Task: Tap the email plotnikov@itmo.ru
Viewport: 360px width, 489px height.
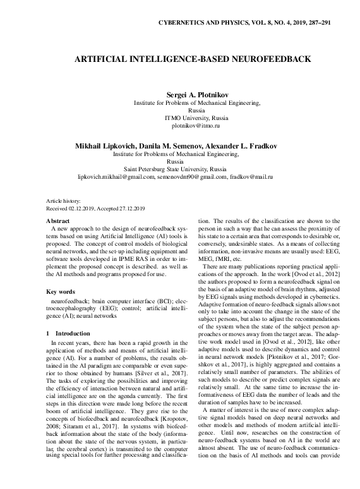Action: pos(179,126)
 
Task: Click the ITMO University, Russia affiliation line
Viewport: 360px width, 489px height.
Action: pos(179,118)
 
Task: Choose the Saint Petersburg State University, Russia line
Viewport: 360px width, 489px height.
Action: pos(179,169)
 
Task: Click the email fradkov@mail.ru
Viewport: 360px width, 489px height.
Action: pos(251,178)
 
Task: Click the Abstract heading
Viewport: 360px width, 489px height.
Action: pos(58,220)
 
